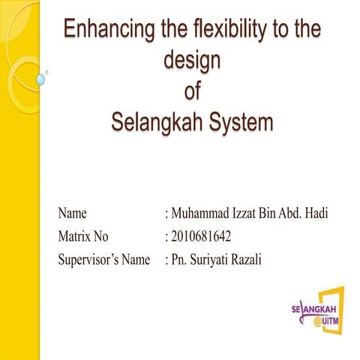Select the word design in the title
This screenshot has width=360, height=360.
(x=191, y=61)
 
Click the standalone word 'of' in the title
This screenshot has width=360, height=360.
(x=192, y=91)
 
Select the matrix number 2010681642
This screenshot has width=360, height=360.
(x=201, y=237)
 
